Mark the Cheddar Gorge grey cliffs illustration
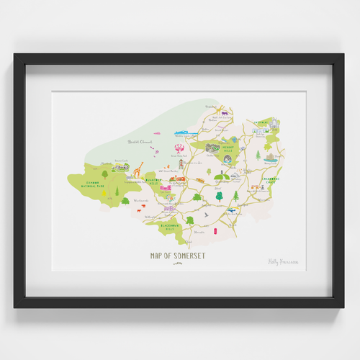pos(212,147)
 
